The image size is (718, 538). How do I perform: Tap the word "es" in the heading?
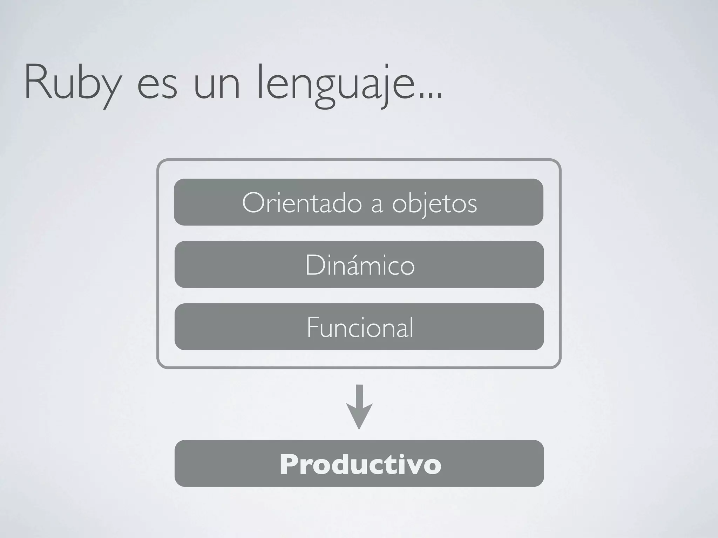(x=157, y=88)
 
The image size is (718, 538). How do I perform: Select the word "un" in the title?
(x=217, y=88)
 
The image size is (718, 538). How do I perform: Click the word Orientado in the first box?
(x=302, y=203)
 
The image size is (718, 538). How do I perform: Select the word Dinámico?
(x=360, y=265)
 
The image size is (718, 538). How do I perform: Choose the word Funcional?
(x=360, y=327)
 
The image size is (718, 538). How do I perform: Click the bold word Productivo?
(x=360, y=464)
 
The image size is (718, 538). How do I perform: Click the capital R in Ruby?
(x=37, y=82)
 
